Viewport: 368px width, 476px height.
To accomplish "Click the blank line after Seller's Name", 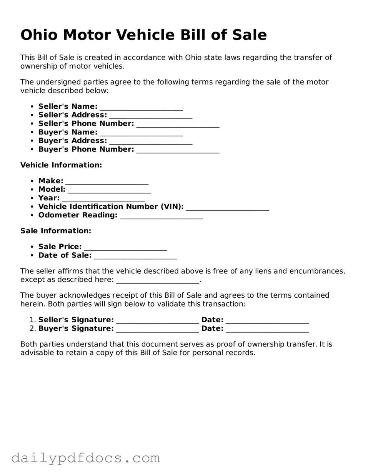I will point(141,107).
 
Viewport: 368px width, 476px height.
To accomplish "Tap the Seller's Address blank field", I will point(151,116).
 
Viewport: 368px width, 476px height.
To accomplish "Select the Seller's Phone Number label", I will point(86,124).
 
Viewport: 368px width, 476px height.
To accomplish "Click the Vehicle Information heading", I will point(61,165).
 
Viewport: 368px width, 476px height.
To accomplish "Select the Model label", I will point(52,189).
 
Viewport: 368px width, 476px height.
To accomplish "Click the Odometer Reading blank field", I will point(161,216).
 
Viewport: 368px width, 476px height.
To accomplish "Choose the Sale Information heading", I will point(56,231).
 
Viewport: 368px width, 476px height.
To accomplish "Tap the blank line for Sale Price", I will point(125,247).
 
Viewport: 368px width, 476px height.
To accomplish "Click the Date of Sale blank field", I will point(135,256).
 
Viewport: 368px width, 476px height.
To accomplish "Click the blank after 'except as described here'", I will point(158,280).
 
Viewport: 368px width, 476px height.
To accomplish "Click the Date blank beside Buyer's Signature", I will point(267,329).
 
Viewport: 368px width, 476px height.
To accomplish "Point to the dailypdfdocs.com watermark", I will point(85,458).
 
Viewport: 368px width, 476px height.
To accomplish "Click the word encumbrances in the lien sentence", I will point(315,271).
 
